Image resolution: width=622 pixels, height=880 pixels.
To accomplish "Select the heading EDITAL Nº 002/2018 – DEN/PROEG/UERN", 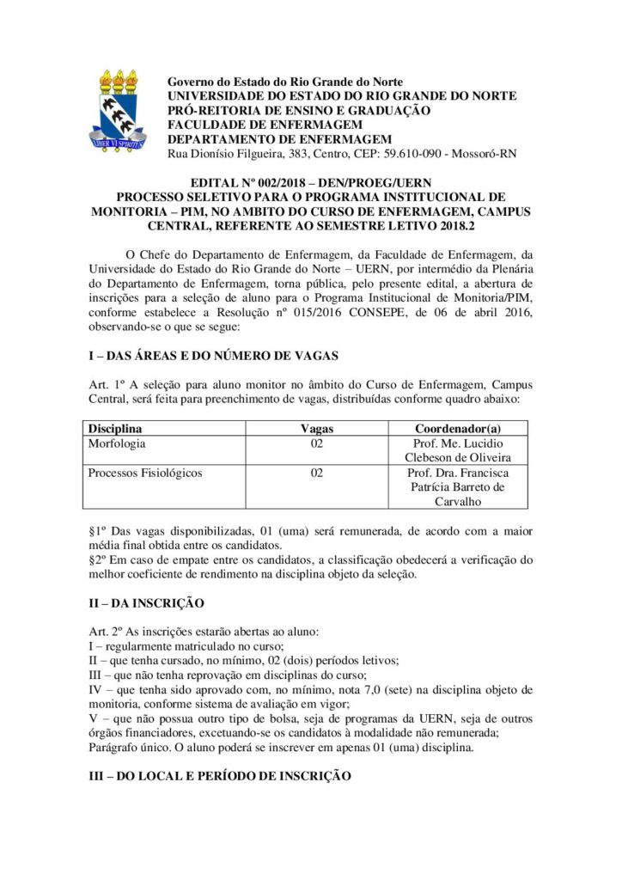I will point(310,183).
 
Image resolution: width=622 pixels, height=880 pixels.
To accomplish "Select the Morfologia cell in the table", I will point(117,443).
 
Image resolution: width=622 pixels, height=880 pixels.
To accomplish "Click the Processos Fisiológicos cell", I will point(146,473).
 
